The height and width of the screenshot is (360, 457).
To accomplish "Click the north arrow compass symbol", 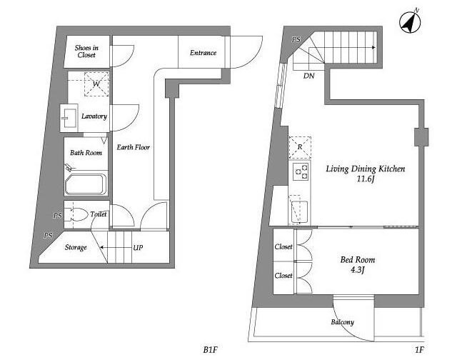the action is click(x=410, y=22).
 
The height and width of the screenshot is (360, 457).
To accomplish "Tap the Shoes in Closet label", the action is click(x=86, y=51).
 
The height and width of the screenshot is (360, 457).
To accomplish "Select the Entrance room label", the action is click(x=203, y=53).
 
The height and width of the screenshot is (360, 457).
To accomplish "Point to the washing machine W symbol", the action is click(x=96, y=84).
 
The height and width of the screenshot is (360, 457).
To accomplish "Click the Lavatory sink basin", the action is click(x=69, y=118).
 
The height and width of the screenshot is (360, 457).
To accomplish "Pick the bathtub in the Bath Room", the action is click(x=86, y=184).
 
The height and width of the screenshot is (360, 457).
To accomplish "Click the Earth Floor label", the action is click(x=134, y=147).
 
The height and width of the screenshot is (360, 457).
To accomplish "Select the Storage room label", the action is click(x=76, y=247).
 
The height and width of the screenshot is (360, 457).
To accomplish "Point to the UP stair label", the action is click(x=138, y=248).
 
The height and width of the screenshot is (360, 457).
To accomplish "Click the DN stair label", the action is click(x=309, y=76).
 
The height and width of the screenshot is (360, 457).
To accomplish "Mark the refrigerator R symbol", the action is click(x=300, y=147).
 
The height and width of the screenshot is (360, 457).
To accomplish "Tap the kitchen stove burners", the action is click(x=301, y=171).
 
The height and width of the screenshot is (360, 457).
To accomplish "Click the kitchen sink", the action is click(x=298, y=212).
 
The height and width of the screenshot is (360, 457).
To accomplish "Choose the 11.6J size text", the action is click(x=365, y=179).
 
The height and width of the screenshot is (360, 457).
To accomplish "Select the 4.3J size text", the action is click(x=357, y=270).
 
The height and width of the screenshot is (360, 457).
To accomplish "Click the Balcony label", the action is click(x=343, y=322).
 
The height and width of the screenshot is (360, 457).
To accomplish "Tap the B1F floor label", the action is click(x=211, y=349).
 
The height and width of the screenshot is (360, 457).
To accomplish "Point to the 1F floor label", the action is click(x=419, y=349).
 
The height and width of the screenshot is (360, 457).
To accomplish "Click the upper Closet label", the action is click(x=283, y=246).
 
